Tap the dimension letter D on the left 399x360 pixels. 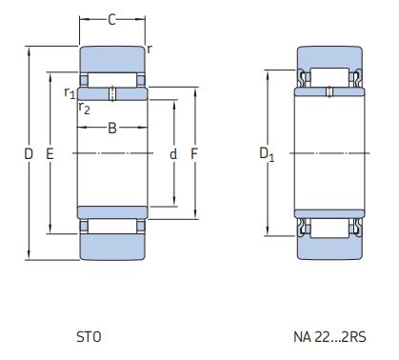pyautogui.click(x=29, y=153)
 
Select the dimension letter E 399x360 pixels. pyautogui.click(x=50, y=153)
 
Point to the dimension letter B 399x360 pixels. pyautogui.click(x=111, y=129)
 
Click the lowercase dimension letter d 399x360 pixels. pyautogui.click(x=173, y=153)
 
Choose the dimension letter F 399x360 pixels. pyautogui.click(x=193, y=153)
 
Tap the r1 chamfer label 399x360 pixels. pyautogui.click(x=69, y=92)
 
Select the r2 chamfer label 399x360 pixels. pyautogui.click(x=84, y=107)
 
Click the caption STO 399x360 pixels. pyautogui.click(x=88, y=336)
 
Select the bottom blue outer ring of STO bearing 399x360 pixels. pyautogui.click(x=111, y=247)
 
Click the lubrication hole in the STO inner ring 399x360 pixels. pyautogui.click(x=111, y=93)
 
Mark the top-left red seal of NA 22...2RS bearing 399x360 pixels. pyautogui.click(x=303, y=76)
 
